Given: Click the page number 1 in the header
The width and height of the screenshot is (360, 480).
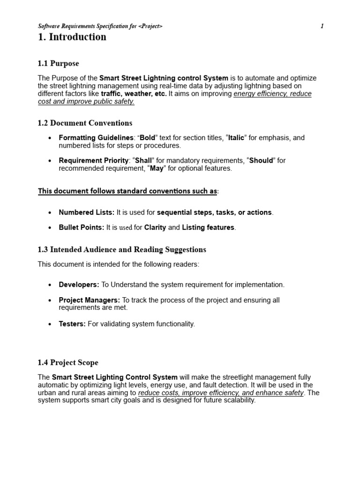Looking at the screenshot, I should click(x=322, y=26).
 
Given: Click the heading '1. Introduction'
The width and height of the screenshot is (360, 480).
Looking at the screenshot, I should click(x=72, y=37).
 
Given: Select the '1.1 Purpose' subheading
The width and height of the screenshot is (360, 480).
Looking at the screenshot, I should click(x=58, y=63).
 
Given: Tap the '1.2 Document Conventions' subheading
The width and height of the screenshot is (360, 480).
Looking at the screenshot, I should click(x=85, y=123).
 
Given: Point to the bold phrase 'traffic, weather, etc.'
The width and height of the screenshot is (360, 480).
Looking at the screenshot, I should click(x=134, y=94).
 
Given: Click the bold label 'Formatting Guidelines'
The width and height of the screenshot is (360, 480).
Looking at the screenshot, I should click(x=96, y=138).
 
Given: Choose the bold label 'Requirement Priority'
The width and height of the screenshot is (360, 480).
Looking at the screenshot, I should click(x=93, y=160).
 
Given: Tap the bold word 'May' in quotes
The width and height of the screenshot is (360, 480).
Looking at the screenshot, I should click(x=157, y=168).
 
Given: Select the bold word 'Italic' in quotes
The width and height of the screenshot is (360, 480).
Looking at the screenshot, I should click(x=236, y=138).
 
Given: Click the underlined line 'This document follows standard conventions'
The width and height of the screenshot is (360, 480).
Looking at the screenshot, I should click(x=128, y=191).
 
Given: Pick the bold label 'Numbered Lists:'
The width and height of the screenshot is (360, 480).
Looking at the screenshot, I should click(x=86, y=212).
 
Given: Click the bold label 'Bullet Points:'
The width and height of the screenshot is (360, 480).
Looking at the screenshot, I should click(x=82, y=227).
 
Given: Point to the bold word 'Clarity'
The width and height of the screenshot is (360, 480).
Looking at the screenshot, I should click(x=155, y=227).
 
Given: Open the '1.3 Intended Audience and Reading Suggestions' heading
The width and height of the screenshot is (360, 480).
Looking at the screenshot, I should click(x=122, y=250).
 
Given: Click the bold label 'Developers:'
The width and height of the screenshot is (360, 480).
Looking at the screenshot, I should click(x=79, y=285).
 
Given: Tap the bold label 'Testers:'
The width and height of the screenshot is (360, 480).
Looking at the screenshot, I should click(x=72, y=324).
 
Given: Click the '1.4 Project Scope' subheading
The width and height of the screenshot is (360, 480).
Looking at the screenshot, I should click(x=68, y=363).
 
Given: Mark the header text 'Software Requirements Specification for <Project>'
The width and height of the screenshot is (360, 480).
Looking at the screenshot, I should click(x=100, y=26).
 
